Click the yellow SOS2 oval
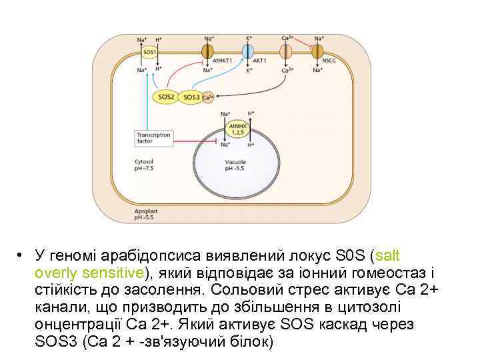point(166,97)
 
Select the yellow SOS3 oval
point(191,97)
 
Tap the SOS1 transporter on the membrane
point(149,52)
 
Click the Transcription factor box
point(153,138)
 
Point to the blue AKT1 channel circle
point(248,52)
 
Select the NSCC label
point(329,60)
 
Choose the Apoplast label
point(145,211)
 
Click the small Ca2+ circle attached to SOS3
point(207,97)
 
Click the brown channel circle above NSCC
point(319,51)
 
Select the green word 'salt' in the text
point(387,255)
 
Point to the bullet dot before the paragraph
point(21,255)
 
